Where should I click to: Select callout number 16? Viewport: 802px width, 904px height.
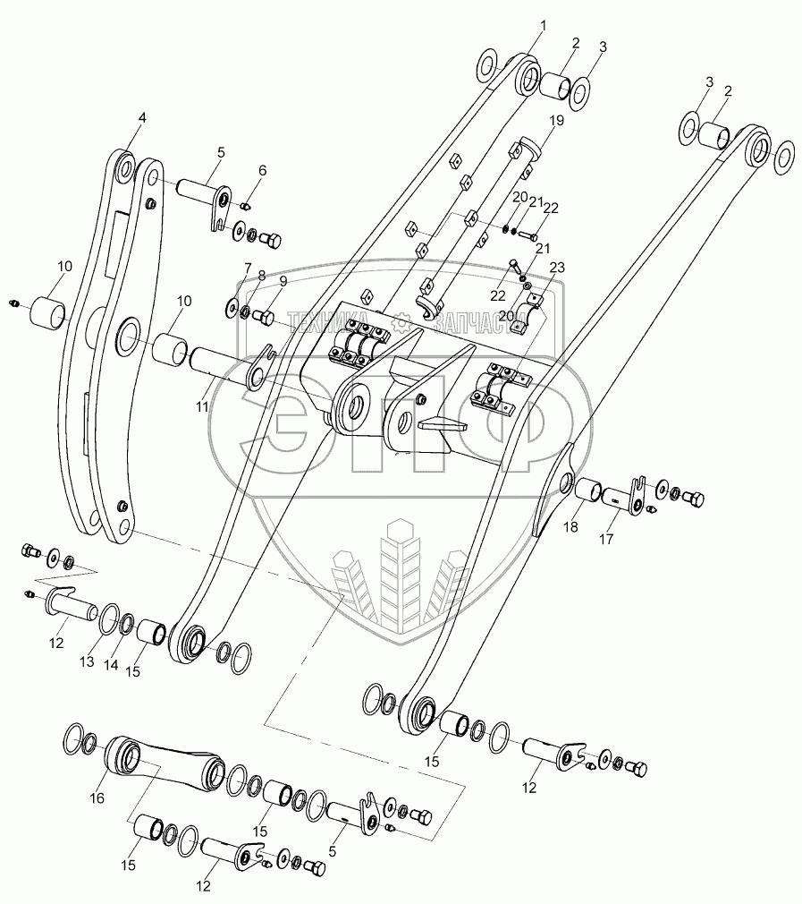click(97, 797)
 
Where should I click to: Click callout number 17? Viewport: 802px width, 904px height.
click(608, 540)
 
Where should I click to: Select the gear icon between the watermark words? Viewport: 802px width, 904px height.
click(404, 317)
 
